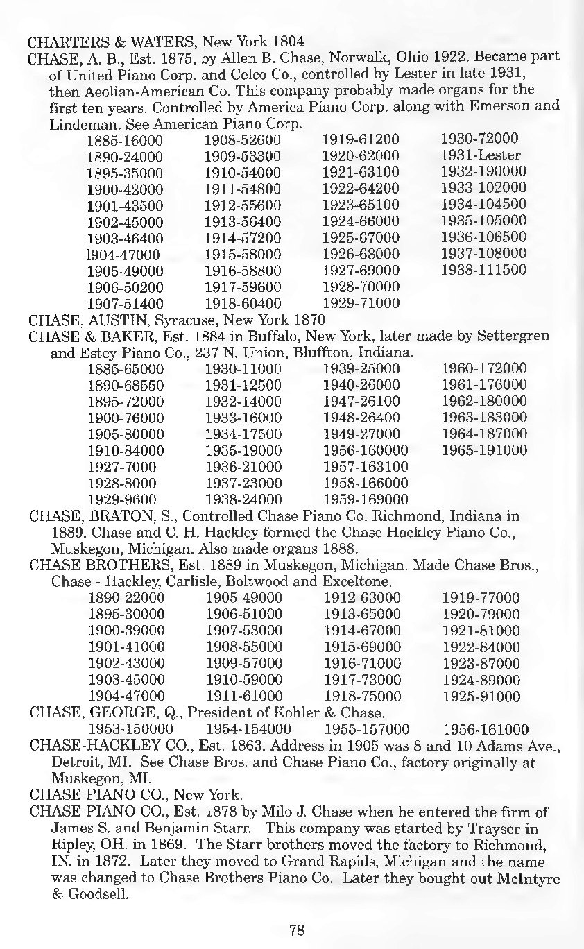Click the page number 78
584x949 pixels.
(x=297, y=930)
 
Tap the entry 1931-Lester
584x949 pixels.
(x=481, y=155)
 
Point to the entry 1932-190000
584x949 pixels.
(x=484, y=171)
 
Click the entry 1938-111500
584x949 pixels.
(x=484, y=270)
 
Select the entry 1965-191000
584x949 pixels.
(x=484, y=451)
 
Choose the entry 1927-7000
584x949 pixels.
(x=121, y=467)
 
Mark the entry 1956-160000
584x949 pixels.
(x=366, y=451)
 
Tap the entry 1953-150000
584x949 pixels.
(x=131, y=730)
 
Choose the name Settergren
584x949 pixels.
(x=511, y=336)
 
